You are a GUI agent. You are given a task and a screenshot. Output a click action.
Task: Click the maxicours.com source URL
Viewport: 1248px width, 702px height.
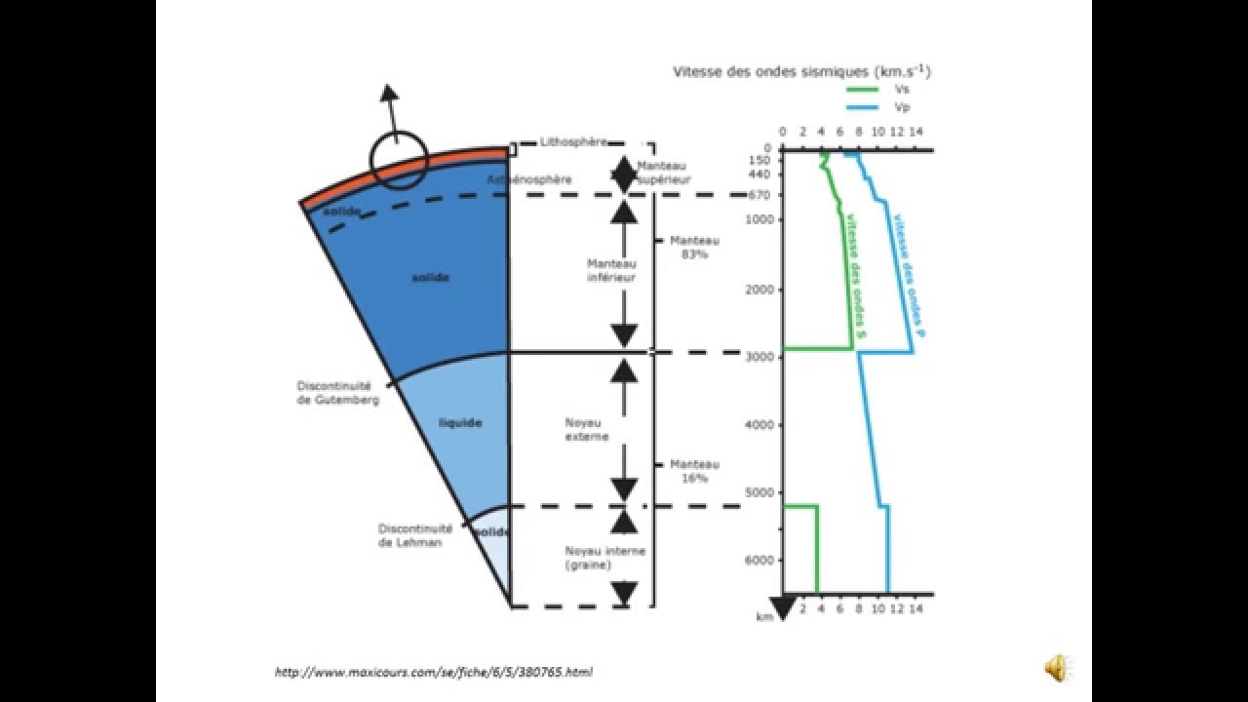pos(434,672)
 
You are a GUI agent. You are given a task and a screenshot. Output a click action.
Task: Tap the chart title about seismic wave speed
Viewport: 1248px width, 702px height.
pos(800,71)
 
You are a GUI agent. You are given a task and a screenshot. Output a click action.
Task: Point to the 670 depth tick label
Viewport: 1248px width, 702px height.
pos(760,195)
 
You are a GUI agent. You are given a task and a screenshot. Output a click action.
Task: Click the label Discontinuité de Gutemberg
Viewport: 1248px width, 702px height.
pos(333,392)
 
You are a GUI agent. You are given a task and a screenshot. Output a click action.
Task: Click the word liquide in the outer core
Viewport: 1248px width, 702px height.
pos(460,423)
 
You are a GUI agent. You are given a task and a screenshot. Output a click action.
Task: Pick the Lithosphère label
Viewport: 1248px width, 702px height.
pos(573,142)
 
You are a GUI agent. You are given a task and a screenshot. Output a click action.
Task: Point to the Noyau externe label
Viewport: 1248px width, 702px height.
pos(586,429)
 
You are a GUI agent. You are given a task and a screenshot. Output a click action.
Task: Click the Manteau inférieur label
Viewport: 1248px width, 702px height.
pos(611,270)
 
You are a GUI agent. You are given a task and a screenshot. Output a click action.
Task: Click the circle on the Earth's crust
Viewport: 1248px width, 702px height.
pos(398,161)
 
